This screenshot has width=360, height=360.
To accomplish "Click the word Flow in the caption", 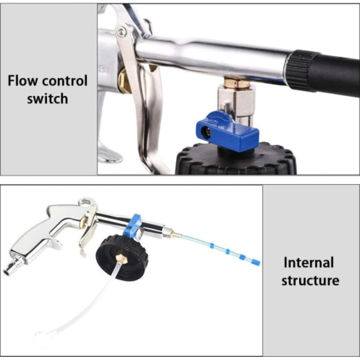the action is [23, 81].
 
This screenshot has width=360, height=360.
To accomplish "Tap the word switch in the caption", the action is [48, 99].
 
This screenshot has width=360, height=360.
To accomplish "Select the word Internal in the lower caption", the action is [309, 262].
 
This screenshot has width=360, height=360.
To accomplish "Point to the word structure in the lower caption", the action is [310, 280].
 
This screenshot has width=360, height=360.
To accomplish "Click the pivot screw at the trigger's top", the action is [121, 31].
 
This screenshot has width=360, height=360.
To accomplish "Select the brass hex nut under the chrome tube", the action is [237, 83].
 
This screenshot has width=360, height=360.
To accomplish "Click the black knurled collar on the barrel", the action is [301, 70].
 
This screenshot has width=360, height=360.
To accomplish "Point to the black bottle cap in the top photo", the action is [236, 159].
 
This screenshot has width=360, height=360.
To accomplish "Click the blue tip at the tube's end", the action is [256, 262].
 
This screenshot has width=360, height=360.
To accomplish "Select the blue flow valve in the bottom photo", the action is [133, 225].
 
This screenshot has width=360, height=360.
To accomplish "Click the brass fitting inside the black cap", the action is [121, 259].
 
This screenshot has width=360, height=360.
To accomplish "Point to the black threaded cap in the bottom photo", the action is [121, 256].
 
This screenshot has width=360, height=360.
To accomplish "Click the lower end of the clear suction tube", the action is [37, 336].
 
